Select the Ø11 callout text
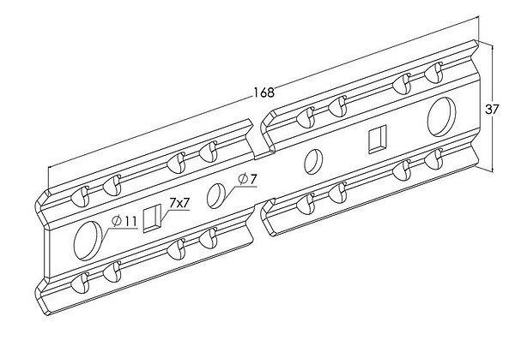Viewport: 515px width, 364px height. point(125,222)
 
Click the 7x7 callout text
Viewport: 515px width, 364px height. point(179,203)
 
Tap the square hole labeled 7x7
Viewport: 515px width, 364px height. point(153,218)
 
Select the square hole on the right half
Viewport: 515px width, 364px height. point(377,140)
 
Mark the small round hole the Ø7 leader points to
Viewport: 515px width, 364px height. point(217,195)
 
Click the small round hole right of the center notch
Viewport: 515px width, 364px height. point(314,160)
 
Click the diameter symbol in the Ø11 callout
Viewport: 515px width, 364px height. point(117,222)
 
